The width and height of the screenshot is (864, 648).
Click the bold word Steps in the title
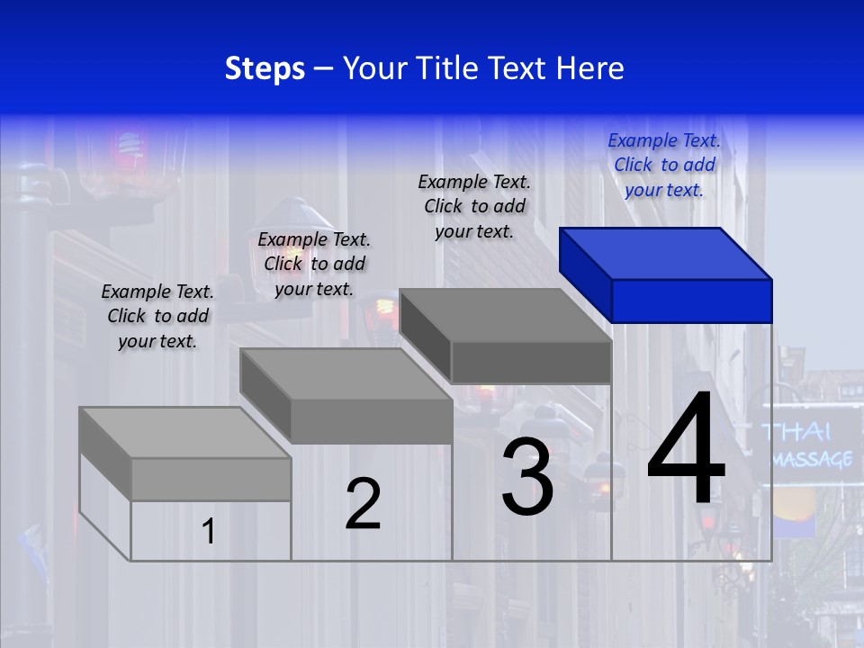click(x=265, y=68)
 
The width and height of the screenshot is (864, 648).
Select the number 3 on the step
click(x=527, y=477)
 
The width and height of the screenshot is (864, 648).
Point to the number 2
click(x=363, y=504)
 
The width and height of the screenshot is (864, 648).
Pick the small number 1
click(x=209, y=532)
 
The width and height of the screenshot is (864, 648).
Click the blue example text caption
click(x=664, y=165)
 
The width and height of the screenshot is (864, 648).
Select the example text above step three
click(x=474, y=206)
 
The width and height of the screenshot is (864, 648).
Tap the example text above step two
click(x=314, y=264)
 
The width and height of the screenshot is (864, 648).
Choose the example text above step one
click(x=157, y=316)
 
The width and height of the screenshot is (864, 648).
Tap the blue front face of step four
click(x=691, y=301)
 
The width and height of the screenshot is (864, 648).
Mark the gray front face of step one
click(x=211, y=479)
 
